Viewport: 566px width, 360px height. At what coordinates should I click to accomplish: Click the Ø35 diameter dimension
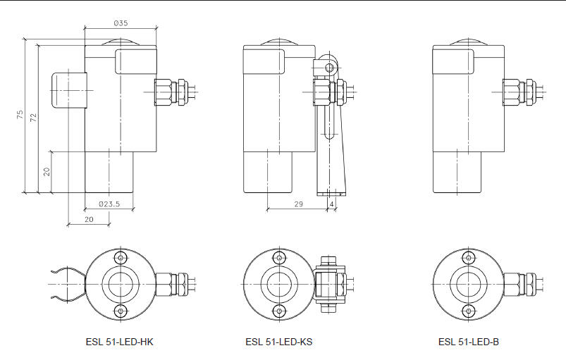pos(121,23)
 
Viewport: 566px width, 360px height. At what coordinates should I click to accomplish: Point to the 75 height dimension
pos(20,116)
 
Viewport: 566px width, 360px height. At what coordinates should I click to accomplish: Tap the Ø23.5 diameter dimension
pos(109,204)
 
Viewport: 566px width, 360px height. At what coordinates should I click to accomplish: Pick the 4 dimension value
pos(331,204)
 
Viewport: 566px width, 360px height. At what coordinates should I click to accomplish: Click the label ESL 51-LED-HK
pos(120,342)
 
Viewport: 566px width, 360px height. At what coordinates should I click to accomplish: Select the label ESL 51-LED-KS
pos(279,342)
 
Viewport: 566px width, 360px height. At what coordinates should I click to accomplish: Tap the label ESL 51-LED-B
pos(468,342)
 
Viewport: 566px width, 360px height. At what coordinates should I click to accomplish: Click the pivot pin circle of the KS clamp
pos(328,67)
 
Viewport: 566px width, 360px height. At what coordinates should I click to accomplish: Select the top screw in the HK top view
pos(121,256)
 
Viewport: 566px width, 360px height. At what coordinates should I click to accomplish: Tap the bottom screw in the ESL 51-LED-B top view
pos(468,311)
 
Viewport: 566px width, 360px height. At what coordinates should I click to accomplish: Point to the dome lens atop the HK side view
pos(121,40)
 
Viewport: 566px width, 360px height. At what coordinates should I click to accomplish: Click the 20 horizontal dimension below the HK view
pos(89,220)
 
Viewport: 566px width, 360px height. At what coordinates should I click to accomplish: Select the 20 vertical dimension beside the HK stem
pos(46,171)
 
